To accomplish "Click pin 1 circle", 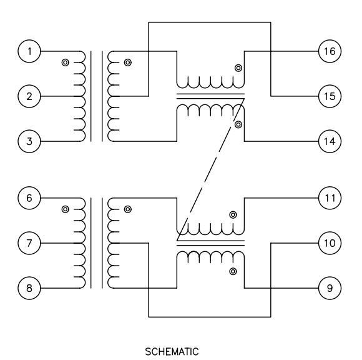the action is pos(29,51).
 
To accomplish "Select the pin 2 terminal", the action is pos(29,96).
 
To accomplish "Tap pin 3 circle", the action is pos(29,141).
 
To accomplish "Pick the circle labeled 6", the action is pos(29,198).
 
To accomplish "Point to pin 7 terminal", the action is pos(29,243).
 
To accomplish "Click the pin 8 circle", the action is pos(29,288).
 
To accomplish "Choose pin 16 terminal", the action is pos(330,51).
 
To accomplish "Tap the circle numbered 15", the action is pos(330,96).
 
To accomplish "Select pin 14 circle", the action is pos(330,141).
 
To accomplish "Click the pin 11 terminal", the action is pos(330,198).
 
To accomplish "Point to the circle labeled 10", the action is pos(330,243).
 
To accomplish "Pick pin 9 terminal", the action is pos(330,288).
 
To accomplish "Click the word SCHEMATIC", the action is pos(172,352).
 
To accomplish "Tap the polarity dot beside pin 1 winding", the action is pos(66,62).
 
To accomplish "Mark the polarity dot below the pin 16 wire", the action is pos(238,68).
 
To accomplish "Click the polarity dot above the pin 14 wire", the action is pos(238,124).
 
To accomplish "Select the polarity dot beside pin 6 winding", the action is pos(66,209).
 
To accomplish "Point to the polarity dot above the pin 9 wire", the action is pos(233,271).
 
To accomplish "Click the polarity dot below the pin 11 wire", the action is pos(233,215).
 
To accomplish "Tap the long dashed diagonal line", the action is pos(210,169).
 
